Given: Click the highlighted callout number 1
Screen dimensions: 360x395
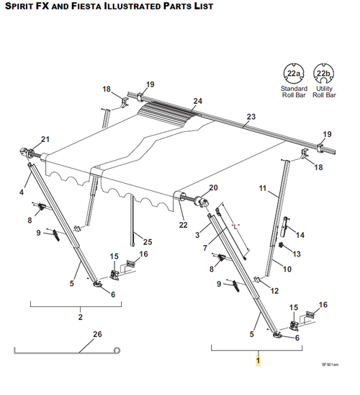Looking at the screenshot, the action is click(x=258, y=360).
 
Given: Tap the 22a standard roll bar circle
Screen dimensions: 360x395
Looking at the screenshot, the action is click(x=294, y=74).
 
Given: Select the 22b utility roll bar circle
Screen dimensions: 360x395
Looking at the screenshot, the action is click(x=324, y=74).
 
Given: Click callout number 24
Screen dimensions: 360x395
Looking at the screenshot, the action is click(x=198, y=101).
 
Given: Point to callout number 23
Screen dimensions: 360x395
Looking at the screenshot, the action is click(x=251, y=117).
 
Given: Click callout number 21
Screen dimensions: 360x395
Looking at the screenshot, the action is click(x=45, y=139).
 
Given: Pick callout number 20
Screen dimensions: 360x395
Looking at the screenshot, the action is click(x=213, y=187).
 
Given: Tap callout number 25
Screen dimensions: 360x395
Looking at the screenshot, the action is click(x=148, y=242).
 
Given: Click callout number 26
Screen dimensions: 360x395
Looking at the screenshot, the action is click(x=97, y=334).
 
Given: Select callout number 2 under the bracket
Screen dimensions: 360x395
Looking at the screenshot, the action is click(x=80, y=317).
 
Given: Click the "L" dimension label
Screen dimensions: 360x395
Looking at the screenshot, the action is click(x=235, y=226).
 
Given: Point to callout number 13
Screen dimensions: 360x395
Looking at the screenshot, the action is click(x=297, y=254).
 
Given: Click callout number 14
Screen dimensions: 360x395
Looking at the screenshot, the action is click(x=300, y=235).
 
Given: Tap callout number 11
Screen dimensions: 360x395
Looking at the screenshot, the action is click(x=262, y=188).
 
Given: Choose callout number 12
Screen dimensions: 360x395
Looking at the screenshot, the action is click(x=274, y=291).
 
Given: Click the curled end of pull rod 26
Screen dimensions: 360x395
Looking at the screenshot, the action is click(x=117, y=350).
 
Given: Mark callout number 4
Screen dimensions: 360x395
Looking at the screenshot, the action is click(x=22, y=192).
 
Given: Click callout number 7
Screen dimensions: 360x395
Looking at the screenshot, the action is click(x=205, y=248).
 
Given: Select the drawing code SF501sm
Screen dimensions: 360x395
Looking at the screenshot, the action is click(x=330, y=365).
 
